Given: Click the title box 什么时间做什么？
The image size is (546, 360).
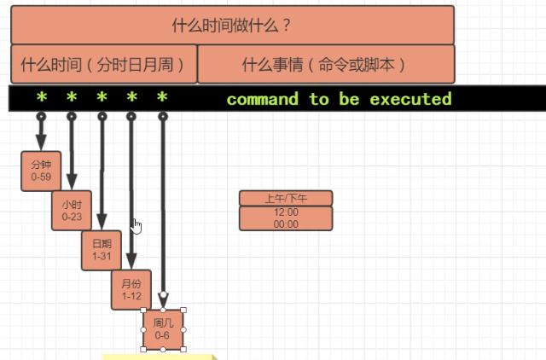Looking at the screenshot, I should [x=232, y=24].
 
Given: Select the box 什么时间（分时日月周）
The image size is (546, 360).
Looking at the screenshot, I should [x=103, y=64].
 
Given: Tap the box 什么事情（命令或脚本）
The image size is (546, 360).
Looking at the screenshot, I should [x=325, y=64].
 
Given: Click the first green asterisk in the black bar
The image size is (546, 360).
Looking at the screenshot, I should [x=41, y=99].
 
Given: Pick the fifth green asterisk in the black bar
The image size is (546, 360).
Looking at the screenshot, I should [x=162, y=99].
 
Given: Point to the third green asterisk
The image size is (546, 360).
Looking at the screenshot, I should [x=102, y=99].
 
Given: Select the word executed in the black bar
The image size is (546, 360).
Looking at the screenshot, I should [x=410, y=99].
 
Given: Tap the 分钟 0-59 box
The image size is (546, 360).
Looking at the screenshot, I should [x=41, y=171].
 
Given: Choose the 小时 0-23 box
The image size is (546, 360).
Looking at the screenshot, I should [x=72, y=211].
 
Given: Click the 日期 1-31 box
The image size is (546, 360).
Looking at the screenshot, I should [x=102, y=250].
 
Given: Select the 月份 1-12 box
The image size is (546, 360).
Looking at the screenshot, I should [x=131, y=290].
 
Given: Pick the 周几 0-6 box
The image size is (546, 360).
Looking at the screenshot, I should [x=163, y=329].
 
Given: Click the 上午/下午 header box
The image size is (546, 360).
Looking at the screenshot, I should [x=286, y=198].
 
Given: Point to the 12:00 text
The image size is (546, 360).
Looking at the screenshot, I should [x=286, y=212].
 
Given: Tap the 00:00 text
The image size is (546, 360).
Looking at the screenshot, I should [x=286, y=224].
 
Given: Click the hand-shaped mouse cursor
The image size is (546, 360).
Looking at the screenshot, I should [x=136, y=225].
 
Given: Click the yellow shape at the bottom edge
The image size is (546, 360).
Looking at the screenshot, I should [x=158, y=356].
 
